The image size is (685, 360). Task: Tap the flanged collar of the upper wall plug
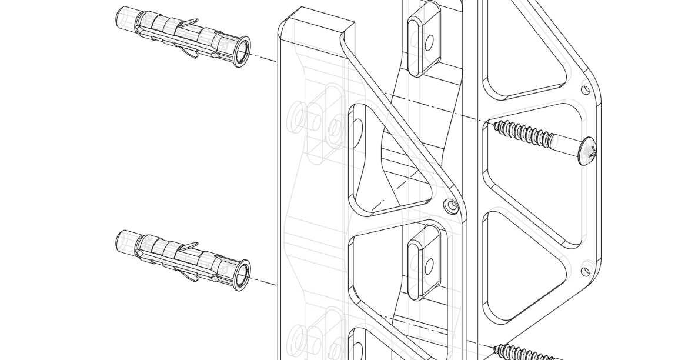coord(242,52)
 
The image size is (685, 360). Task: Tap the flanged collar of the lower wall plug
coord(242,275)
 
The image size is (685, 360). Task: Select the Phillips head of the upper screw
coord(588,152)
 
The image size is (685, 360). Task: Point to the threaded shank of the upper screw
coord(523,134)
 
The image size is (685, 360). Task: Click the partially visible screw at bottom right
coord(523,353)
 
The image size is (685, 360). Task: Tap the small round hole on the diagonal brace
coord(451,206)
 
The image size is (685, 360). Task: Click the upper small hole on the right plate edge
coord(585,90)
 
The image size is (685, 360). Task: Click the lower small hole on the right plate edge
coord(585,271)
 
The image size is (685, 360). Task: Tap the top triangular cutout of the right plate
coord(517,59)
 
